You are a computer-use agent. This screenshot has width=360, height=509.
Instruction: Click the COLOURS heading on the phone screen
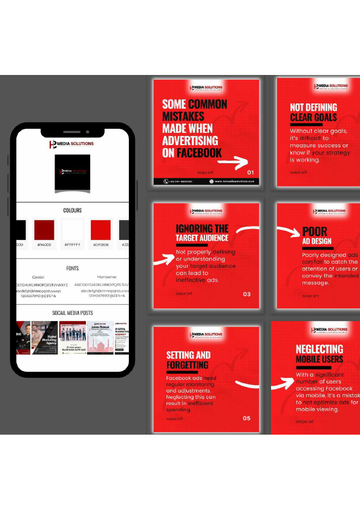(72, 210)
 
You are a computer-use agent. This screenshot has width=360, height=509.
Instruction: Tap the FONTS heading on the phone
(72, 268)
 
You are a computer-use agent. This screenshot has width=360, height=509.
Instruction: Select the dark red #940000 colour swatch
(44, 230)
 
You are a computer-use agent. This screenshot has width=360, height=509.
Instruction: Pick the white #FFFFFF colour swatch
(72, 230)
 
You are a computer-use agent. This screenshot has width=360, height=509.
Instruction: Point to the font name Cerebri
(38, 277)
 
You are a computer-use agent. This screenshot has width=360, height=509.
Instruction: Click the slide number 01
(250, 172)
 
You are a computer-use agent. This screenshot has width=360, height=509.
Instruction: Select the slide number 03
(246, 294)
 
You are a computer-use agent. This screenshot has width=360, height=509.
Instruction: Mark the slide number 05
(246, 418)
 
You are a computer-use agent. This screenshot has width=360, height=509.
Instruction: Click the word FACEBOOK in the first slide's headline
(199, 153)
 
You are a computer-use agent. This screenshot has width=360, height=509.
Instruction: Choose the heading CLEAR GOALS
(313, 117)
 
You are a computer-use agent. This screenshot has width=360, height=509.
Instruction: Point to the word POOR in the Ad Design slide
(315, 231)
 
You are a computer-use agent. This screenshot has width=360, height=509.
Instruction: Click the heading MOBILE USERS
(319, 360)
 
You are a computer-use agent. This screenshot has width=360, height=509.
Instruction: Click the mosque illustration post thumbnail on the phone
(100, 337)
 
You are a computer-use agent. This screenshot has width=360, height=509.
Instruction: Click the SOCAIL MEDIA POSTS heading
(72, 313)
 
